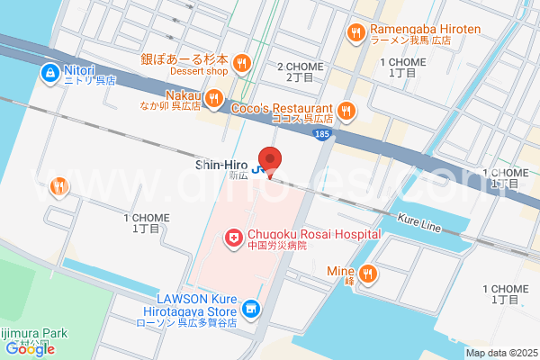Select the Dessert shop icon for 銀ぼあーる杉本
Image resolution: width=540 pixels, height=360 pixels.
pyautogui.click(x=241, y=62)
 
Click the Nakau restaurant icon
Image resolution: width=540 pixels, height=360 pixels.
pyautogui.click(x=213, y=97)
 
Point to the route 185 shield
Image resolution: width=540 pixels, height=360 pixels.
pyautogui.click(x=322, y=133)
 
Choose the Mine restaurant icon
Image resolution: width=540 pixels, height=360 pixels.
pyautogui.click(x=367, y=274)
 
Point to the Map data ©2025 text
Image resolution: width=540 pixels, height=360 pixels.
pyautogui.click(x=501, y=353)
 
